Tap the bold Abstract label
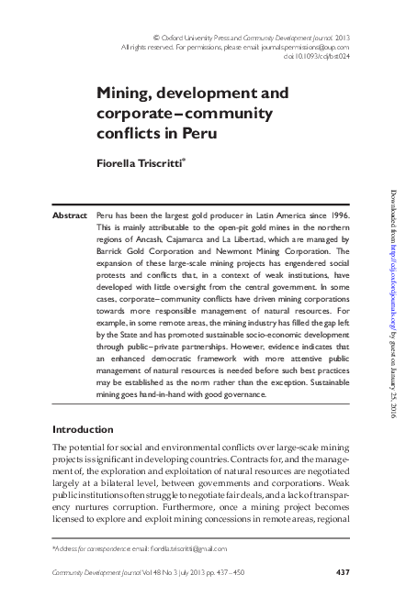[71, 213]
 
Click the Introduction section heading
[84, 429]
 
